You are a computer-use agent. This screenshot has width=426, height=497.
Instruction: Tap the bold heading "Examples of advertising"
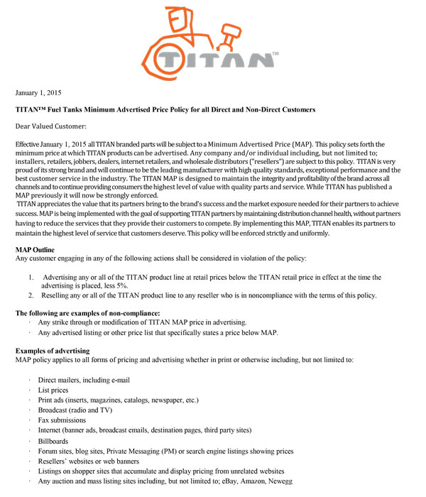[53, 351]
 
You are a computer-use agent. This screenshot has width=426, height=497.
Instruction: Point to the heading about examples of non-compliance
[87, 313]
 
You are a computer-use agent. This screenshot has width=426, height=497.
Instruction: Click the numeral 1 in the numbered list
[31, 277]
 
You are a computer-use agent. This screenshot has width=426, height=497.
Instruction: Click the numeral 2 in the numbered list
[31, 295]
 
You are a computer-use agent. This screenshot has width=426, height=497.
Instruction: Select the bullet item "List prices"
[55, 390]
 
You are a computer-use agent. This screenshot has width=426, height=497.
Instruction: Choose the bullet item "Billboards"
[55, 441]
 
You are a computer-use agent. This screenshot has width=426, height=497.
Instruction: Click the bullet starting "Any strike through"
[142, 322]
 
